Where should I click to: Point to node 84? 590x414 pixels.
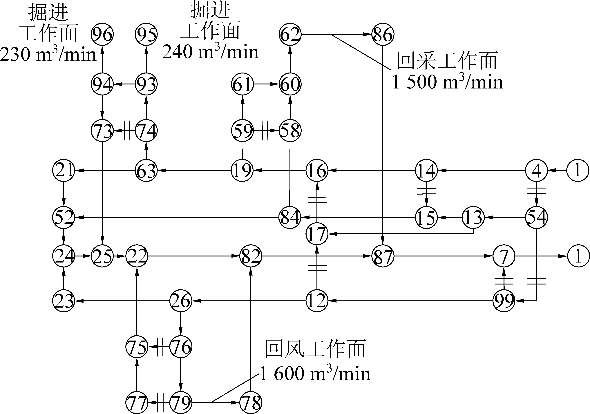click(x=290, y=217)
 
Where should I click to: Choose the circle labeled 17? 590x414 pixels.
click(x=317, y=234)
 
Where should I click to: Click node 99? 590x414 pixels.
click(x=504, y=301)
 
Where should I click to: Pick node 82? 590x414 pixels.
click(x=251, y=256)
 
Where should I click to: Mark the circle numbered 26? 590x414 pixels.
click(x=181, y=301)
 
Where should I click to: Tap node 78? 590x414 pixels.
click(x=251, y=402)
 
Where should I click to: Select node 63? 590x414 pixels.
click(x=146, y=170)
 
